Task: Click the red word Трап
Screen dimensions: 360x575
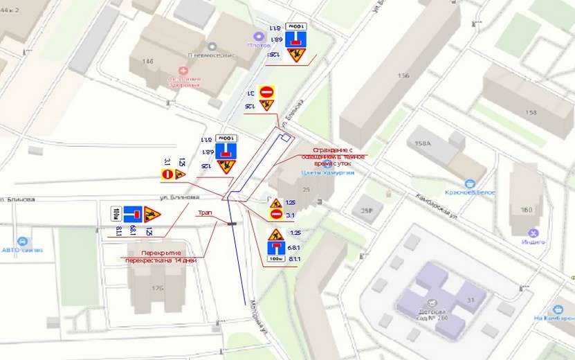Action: coord(205,213)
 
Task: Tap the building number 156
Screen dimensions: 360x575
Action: coord(404,76)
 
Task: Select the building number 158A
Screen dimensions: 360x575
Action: coord(423,144)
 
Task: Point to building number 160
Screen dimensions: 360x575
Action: coord(527,210)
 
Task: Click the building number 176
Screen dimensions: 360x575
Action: coord(158,288)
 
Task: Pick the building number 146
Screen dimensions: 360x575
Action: coord(147,62)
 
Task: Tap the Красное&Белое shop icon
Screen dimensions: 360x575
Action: coord(471,183)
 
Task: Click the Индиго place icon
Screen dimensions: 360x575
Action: coord(533,233)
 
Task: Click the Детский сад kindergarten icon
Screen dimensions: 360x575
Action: coord(432,303)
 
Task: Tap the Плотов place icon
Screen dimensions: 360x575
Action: coord(259,36)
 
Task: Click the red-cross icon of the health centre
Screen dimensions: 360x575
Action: coord(183,70)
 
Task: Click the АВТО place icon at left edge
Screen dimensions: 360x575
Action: coord(23,242)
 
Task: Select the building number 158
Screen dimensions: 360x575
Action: coord(531,112)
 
